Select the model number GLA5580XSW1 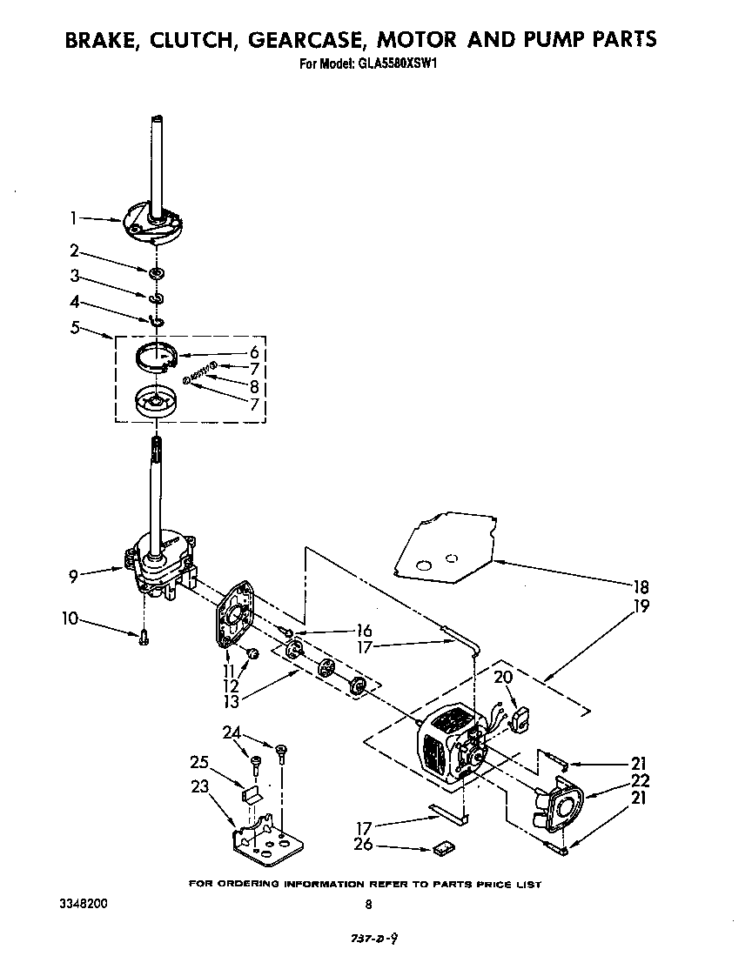click(396, 64)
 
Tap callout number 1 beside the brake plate click(75, 218)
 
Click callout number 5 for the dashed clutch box click(76, 328)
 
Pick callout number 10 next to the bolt click(70, 619)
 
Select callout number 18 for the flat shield click(641, 586)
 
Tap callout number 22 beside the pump click(641, 781)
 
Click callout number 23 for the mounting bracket click(200, 787)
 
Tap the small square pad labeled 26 click(441, 846)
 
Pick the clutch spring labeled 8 click(201, 372)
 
